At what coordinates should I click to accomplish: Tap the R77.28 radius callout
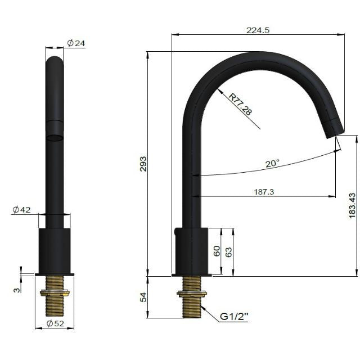tap(241, 104)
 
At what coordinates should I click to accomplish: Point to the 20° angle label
tap(272, 164)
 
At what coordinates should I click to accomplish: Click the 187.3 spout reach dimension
tap(264, 191)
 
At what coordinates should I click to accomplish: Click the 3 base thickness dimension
tap(17, 290)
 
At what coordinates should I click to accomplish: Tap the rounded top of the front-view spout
tap(55, 60)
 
